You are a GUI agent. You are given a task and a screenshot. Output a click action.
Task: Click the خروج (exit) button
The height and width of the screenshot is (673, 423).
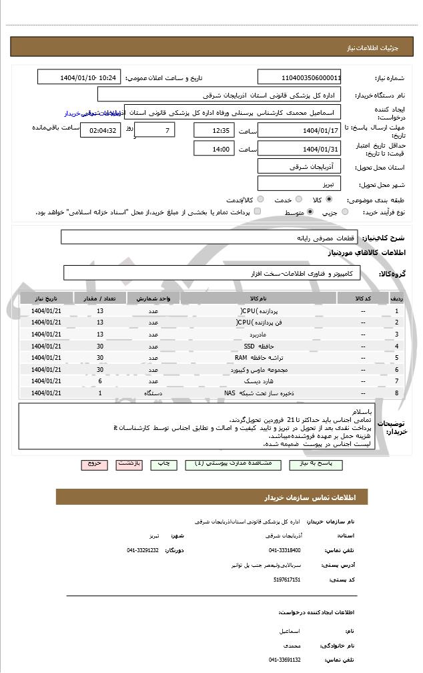click(94, 464)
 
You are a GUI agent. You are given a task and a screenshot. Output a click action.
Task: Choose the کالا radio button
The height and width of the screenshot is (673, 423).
click(329, 199)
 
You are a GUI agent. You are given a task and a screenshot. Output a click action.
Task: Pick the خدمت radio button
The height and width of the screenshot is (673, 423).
click(298, 199)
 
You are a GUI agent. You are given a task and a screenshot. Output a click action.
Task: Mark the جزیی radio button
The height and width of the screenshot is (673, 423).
click(344, 212)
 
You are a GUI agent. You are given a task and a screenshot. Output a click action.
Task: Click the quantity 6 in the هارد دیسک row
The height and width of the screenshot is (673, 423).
click(100, 381)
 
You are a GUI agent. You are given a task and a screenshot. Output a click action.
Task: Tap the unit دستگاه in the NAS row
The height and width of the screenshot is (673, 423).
click(153, 393)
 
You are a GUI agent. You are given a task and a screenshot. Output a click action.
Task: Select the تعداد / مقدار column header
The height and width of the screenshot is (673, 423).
click(100, 298)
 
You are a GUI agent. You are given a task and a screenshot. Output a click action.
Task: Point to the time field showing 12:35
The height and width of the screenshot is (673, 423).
click(214, 130)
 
